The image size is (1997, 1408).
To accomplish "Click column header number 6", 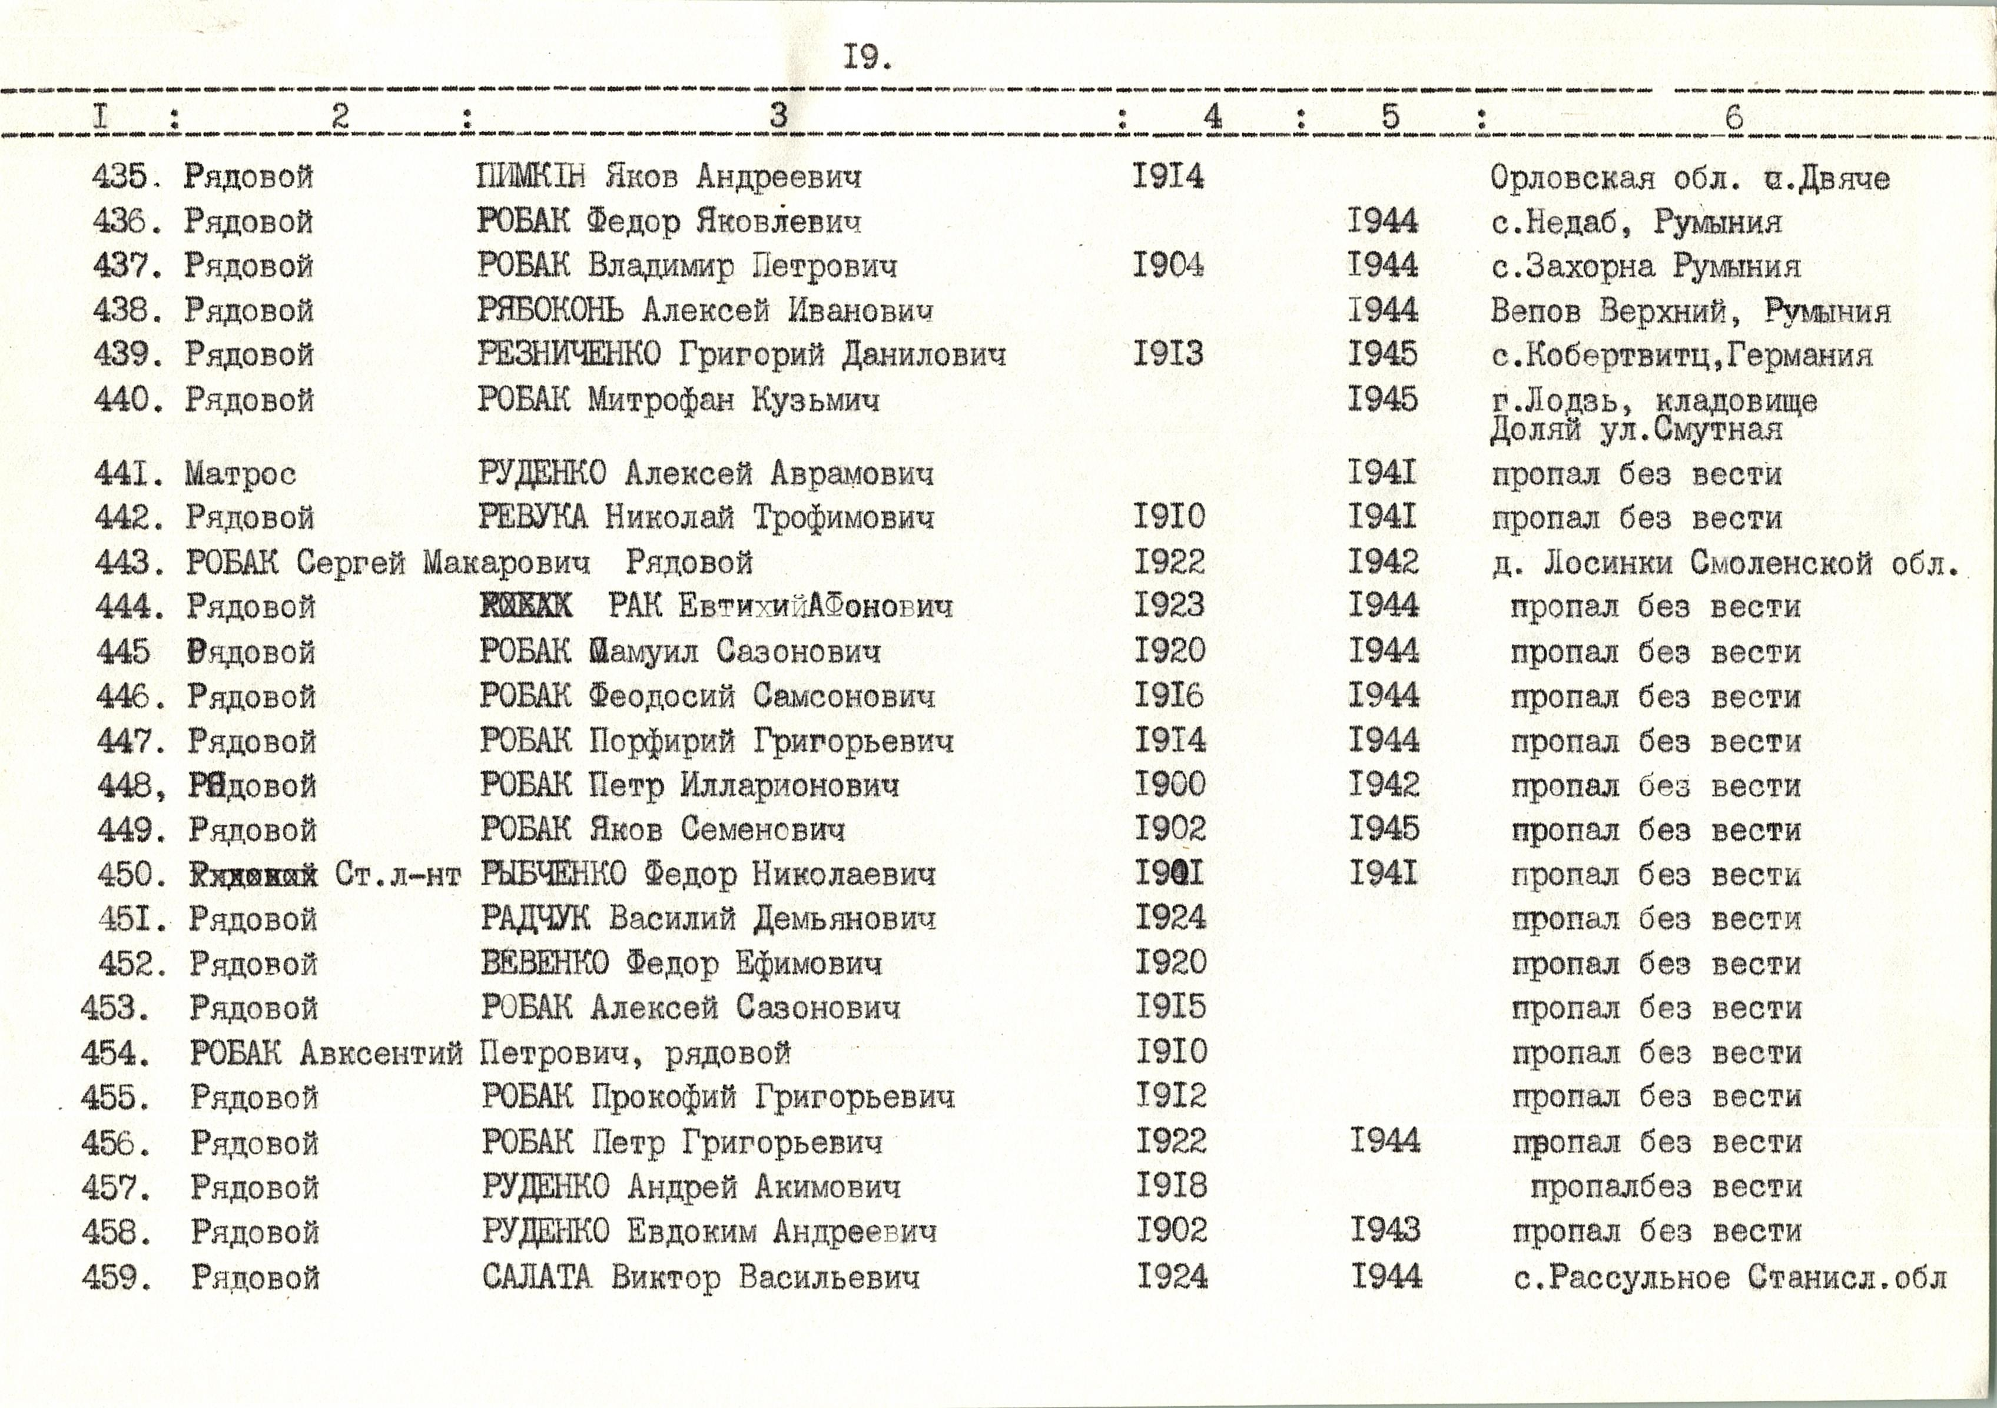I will [1733, 117].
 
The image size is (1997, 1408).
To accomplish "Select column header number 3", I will [778, 115].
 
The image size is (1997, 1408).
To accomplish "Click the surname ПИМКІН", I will [530, 177].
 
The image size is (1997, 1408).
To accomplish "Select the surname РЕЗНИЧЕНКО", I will [569, 355].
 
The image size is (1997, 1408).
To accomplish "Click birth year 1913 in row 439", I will [1168, 354].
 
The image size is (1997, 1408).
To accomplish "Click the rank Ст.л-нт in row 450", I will [397, 874].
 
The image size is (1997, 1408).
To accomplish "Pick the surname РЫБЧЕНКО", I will [553, 874].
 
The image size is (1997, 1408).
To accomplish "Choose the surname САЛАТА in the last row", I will [537, 1277].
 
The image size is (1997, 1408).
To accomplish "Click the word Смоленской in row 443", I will [1782, 563].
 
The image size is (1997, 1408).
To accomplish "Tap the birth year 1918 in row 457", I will [1171, 1185].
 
